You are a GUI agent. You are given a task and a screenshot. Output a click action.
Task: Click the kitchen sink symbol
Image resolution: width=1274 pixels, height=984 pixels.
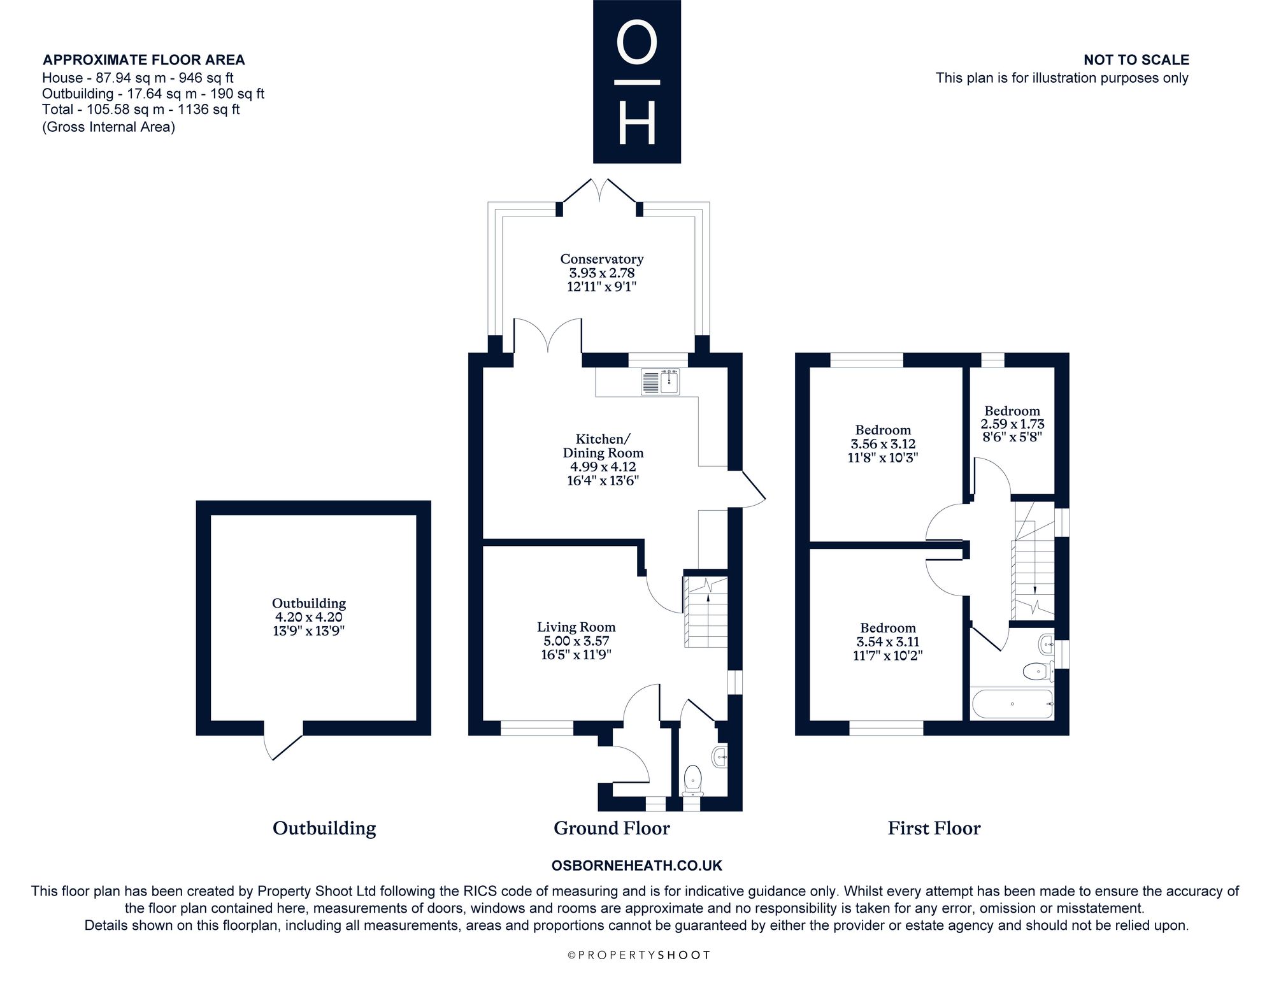pos(661,381)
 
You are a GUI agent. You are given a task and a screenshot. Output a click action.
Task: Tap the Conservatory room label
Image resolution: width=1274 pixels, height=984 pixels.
pos(602,259)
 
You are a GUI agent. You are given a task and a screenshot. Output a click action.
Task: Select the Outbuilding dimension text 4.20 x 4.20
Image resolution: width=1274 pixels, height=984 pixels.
pos(309,617)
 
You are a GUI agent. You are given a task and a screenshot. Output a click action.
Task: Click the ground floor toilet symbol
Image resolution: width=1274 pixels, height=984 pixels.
pos(692,781)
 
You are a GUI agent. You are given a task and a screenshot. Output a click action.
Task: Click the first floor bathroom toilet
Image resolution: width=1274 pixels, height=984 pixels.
pos(1037,671)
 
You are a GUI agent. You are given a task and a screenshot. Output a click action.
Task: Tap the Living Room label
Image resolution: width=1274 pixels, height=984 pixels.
pos(576,627)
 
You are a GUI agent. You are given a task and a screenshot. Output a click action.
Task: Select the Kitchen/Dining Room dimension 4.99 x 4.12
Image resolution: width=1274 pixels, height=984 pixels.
pos(603,467)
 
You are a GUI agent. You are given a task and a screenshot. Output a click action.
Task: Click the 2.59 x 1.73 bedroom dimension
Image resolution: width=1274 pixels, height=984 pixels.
pos(1012,424)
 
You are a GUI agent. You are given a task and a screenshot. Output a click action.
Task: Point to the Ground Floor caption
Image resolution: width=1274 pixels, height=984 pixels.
pos(612,828)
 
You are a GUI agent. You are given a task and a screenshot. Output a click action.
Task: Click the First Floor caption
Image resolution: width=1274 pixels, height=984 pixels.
pos(934,828)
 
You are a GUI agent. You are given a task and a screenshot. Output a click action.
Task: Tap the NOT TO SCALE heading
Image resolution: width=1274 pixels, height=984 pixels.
pos(1136,60)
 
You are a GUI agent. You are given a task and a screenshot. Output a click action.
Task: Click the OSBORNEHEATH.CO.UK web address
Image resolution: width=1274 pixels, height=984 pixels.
pos(637,866)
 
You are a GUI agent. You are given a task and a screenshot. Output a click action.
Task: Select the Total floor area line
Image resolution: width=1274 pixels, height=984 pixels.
pos(141,110)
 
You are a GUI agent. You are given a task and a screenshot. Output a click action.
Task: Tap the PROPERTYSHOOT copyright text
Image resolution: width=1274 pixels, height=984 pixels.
pos(638,955)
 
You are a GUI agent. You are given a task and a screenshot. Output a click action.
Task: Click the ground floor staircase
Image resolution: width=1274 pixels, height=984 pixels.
pos(705,612)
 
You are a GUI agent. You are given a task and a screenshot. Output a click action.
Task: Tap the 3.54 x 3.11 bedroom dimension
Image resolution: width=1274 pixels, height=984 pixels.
pos(888,642)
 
